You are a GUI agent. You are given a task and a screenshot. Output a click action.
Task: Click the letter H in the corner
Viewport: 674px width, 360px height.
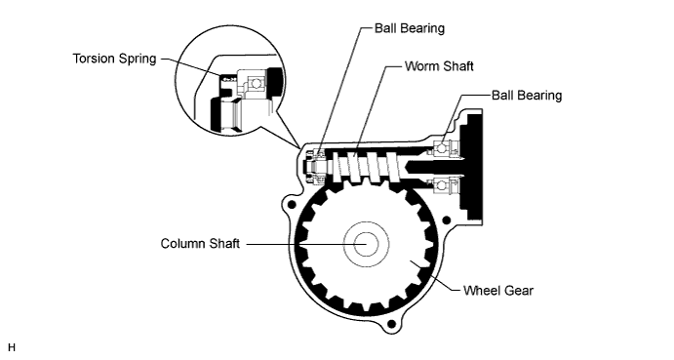(x=12, y=347)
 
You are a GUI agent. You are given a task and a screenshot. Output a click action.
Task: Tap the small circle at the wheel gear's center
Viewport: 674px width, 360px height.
(x=367, y=243)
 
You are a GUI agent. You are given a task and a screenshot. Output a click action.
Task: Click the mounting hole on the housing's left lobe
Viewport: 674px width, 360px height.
(x=289, y=208)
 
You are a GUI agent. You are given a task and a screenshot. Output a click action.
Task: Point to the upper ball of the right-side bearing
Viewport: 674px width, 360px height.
(x=441, y=147)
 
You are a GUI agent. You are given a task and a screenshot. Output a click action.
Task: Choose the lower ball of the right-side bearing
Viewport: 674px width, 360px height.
(x=441, y=184)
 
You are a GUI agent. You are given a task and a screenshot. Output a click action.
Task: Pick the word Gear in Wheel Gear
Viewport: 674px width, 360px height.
(x=518, y=289)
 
